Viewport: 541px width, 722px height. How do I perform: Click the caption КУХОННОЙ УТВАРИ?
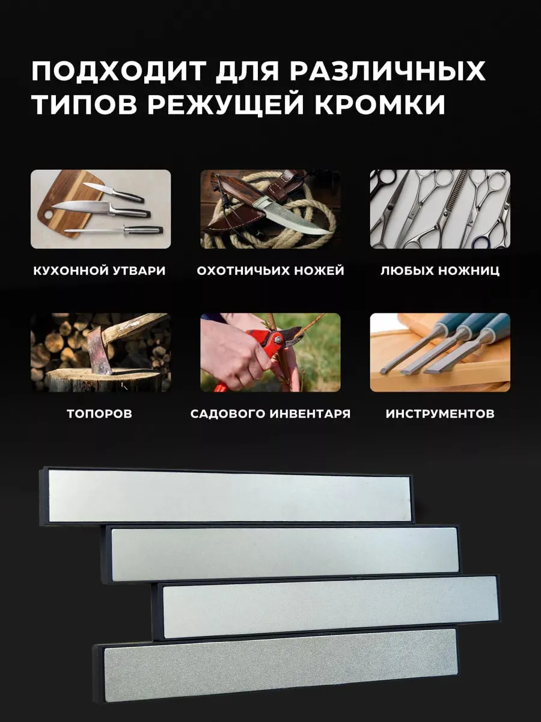click(x=99, y=271)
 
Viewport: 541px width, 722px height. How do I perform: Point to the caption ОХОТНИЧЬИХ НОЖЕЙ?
click(x=270, y=271)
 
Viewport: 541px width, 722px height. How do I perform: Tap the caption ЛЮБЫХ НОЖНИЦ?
click(x=440, y=271)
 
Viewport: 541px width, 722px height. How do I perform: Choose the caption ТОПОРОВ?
click(x=100, y=413)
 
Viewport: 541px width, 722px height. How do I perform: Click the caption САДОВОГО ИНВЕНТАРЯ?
click(x=270, y=413)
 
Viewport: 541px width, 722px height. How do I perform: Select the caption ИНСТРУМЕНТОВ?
click(x=440, y=413)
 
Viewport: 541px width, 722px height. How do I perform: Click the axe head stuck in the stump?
click(x=101, y=350)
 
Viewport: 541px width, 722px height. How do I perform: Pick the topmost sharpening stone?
click(x=227, y=496)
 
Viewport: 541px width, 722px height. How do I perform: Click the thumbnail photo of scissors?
click(x=440, y=209)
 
